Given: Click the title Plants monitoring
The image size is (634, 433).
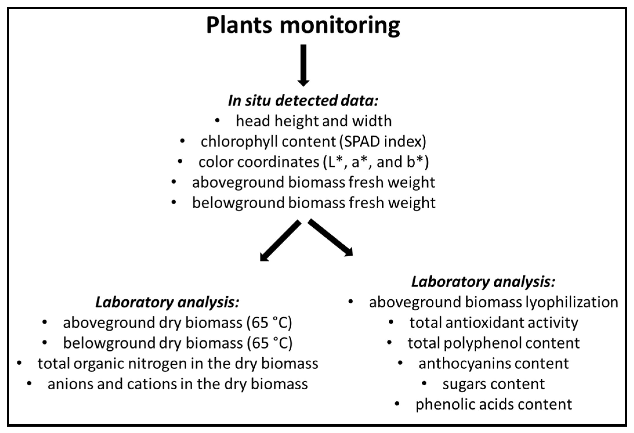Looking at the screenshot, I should pyautogui.click(x=303, y=26).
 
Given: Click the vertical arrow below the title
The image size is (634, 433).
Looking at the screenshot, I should pyautogui.click(x=303, y=66).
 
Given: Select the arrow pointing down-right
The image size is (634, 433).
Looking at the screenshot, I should pyautogui.click(x=330, y=238).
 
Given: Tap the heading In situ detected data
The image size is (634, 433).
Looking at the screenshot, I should pyautogui.click(x=303, y=101).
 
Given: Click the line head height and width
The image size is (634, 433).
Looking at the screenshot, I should pyautogui.click(x=314, y=121).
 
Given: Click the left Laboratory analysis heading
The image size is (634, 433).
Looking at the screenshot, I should pyautogui.click(x=167, y=302).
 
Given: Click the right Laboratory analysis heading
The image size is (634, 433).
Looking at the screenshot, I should pyautogui.click(x=483, y=282).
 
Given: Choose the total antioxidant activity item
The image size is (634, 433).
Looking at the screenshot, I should pyautogui.click(x=493, y=323).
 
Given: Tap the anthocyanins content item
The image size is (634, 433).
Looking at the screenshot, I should pyautogui.click(x=493, y=363).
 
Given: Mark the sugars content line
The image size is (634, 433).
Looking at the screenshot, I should pyautogui.click(x=493, y=384).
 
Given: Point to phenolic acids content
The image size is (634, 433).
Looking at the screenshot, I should pyautogui.click(x=493, y=404).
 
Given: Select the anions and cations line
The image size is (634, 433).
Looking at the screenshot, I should pyautogui.click(x=177, y=384).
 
